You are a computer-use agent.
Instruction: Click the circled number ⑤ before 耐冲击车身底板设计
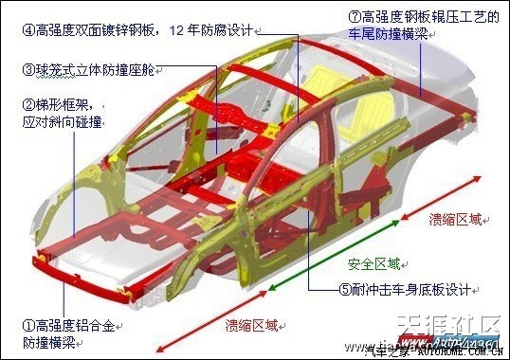tap(345, 289)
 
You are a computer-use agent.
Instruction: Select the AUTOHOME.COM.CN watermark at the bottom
tap(454, 353)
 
